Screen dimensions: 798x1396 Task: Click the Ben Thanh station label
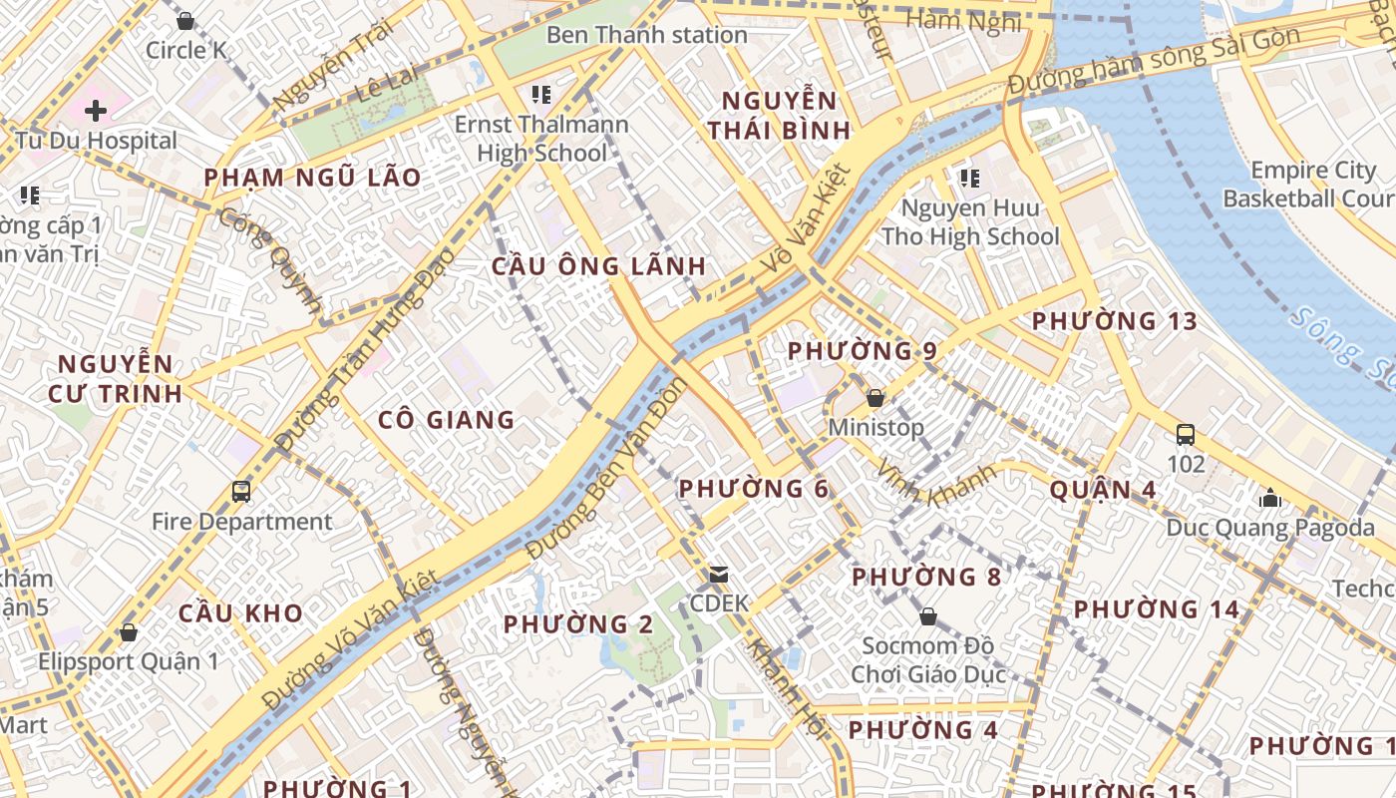tap(646, 35)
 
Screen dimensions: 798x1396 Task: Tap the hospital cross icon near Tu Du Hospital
tap(96, 110)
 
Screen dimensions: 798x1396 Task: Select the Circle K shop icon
tap(185, 21)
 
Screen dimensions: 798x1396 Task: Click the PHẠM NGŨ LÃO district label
tap(312, 179)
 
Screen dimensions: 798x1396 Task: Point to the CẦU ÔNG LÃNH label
tap(599, 266)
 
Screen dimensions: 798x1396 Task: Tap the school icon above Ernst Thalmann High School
tap(541, 95)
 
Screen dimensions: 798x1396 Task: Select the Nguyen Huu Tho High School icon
tap(969, 179)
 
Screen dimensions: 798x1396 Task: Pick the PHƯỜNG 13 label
tap(1114, 321)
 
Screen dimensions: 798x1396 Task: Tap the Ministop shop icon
tap(875, 398)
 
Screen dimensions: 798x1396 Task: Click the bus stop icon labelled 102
tap(1186, 435)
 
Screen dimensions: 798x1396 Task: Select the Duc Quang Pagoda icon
tap(1270, 498)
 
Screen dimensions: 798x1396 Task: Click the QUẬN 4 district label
tap(1103, 490)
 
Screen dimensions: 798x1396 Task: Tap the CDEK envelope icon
tap(718, 575)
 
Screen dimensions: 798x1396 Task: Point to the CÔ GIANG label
tap(447, 420)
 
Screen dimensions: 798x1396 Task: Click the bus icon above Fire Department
tap(241, 491)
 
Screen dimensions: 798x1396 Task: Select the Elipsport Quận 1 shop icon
tap(129, 632)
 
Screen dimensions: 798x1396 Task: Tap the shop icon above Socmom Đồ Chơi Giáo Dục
tap(927, 616)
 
